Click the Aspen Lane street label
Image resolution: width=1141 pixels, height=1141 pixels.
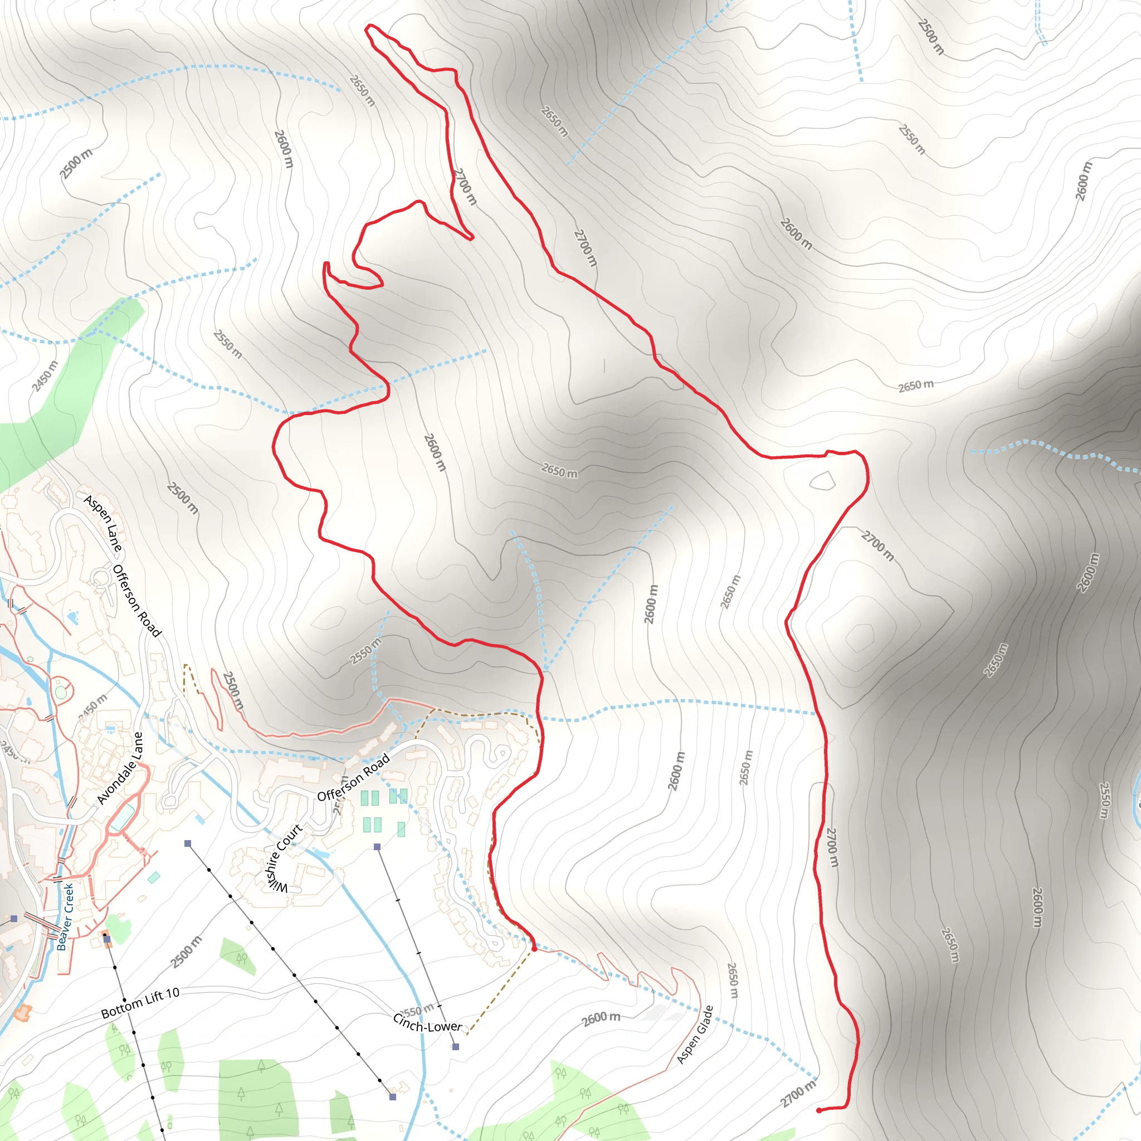click(104, 524)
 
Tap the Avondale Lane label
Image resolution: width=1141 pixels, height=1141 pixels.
click(120, 768)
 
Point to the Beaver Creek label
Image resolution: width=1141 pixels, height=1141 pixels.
click(66, 916)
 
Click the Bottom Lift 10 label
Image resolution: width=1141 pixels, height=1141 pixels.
click(140, 1003)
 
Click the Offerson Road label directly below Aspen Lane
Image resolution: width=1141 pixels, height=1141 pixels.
click(136, 601)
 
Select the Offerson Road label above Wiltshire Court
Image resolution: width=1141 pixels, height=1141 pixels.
click(353, 778)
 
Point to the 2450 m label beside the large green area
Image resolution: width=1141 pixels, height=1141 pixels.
click(46, 376)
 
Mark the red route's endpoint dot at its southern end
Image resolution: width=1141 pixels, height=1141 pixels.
click(818, 1110)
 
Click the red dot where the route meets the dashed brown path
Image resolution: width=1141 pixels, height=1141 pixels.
click(534, 949)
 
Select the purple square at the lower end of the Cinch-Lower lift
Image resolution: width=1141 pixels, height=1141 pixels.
click(455, 1046)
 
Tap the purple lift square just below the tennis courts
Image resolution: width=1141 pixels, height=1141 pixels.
click(377, 847)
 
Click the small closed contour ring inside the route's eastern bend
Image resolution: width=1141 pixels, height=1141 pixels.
click(823, 481)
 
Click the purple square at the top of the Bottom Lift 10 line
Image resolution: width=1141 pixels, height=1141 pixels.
click(107, 939)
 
